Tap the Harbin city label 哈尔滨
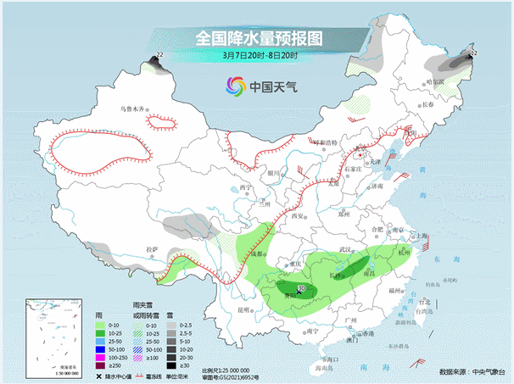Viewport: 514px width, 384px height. (x=435, y=81)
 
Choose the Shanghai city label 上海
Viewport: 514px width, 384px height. (x=418, y=237)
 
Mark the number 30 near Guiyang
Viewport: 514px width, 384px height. (x=302, y=289)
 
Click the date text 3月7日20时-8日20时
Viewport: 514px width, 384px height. (x=259, y=55)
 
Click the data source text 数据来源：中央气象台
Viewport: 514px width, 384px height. (x=471, y=372)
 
